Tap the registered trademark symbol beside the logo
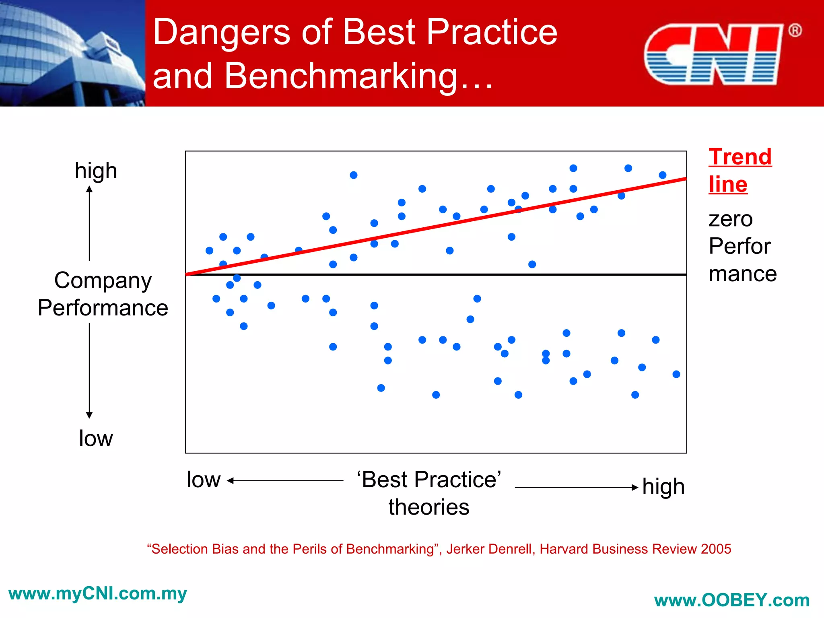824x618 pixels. coord(795,31)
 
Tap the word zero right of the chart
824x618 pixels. coord(730,219)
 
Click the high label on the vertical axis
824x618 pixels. coord(96,171)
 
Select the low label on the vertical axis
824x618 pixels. coord(96,438)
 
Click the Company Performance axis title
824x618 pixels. coord(103,294)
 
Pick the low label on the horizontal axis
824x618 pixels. coord(204,480)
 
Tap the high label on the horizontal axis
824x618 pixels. coord(663,487)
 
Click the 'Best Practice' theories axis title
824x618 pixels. coord(429,493)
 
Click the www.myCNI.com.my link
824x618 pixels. coord(97,594)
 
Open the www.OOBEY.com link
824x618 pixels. coord(732,600)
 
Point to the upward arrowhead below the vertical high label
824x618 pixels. coord(89,189)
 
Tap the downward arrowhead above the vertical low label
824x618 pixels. coord(89,415)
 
